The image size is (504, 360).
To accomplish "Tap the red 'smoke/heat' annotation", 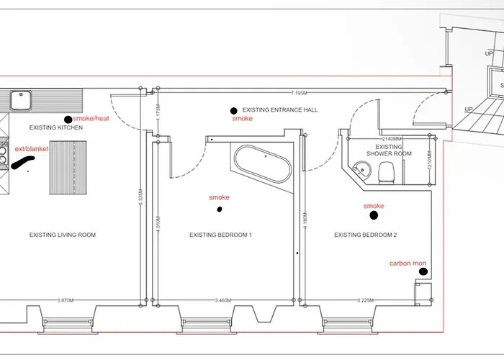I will pos(91,119).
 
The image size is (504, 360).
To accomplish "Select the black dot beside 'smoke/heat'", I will pos(68,120).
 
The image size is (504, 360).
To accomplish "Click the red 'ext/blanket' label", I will pos(32,149).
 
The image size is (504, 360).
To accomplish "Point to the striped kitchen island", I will pos(73,167).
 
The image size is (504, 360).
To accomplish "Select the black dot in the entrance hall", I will pos(233,111).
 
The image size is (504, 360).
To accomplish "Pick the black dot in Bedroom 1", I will pos(220,210).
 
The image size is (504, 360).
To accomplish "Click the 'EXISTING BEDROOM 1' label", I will pos(220,235).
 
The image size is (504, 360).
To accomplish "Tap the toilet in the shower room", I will pos(387,171).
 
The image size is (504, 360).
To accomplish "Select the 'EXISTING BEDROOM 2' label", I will pos(366,235).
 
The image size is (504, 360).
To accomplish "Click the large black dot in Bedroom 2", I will pos(374,215).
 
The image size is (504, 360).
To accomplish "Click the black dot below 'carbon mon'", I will pos(423,271).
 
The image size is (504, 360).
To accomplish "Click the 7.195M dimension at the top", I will pos(300,93).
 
